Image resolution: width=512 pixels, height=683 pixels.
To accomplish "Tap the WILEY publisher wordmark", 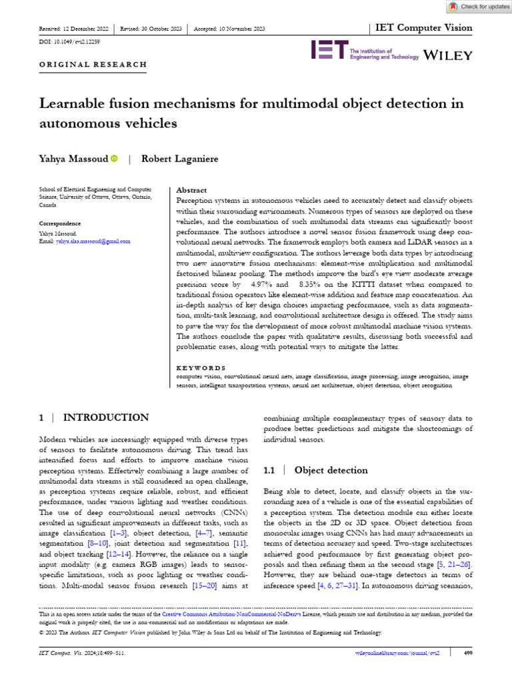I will point(448,54).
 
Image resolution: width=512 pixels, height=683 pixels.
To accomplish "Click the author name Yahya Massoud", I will point(73,159).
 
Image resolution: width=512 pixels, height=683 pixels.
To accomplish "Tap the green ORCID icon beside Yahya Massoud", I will point(113,159).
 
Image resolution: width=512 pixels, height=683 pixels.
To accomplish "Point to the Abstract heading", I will point(191,190).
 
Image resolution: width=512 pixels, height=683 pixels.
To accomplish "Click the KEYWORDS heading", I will point(201,368).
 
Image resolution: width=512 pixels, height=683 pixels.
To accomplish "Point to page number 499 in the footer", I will point(467,653).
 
